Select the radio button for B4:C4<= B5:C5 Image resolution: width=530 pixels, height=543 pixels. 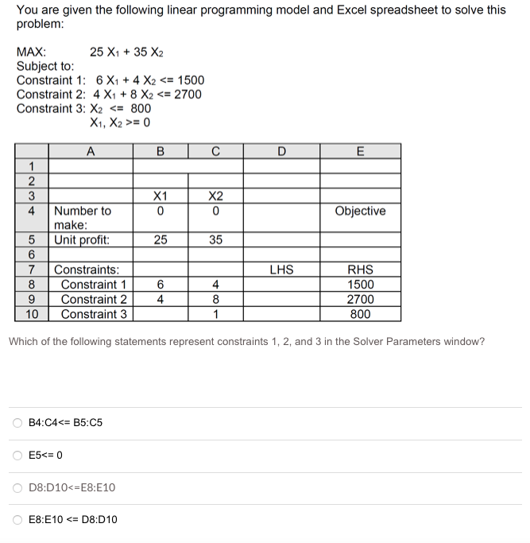[17, 422]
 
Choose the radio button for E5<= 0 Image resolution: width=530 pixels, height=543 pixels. [17, 455]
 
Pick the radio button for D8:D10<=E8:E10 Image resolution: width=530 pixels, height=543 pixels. [17, 487]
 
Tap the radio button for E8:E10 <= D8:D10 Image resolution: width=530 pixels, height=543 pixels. [17, 520]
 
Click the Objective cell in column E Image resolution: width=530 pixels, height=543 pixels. [360, 211]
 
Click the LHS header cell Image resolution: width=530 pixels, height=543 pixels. [281, 270]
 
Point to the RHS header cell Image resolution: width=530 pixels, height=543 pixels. [360, 270]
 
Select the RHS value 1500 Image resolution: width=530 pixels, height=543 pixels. [360, 285]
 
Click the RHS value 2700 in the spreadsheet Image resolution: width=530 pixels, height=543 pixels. [360, 300]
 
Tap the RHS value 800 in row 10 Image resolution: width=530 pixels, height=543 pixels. [360, 314]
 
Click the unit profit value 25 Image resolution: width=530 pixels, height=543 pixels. [161, 240]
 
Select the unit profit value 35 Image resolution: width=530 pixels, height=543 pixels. [215, 240]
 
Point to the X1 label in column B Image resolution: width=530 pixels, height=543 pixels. [161, 196]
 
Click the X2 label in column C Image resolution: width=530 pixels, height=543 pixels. [215, 196]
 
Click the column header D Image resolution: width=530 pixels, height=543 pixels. [281, 152]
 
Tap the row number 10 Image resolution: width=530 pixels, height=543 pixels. [32, 314]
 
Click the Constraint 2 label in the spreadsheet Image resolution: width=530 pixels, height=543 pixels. [94, 300]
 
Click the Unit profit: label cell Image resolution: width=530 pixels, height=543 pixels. [82, 240]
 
